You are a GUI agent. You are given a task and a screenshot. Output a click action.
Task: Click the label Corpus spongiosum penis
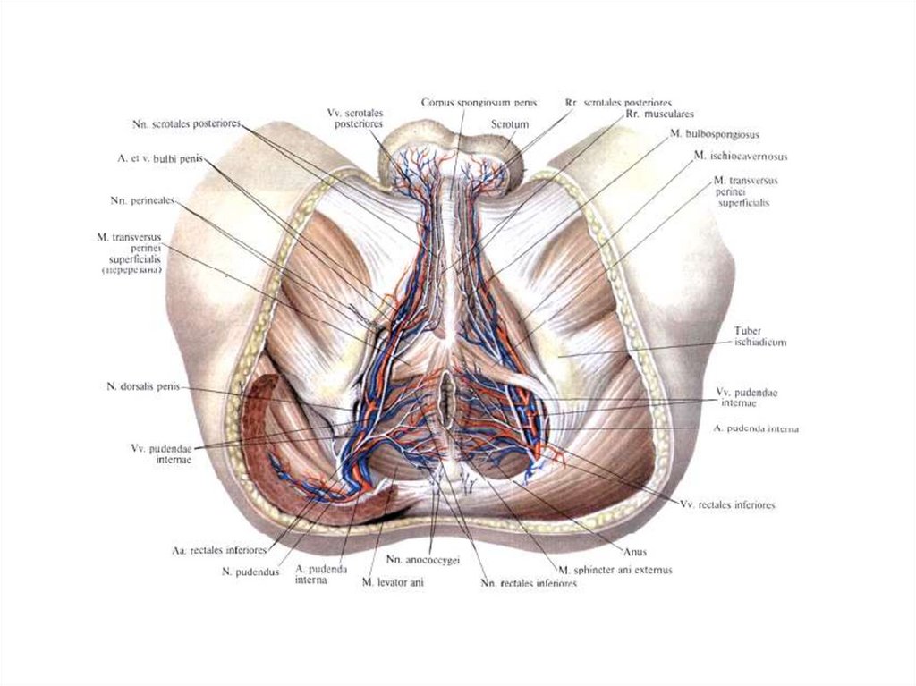pyautogui.click(x=472, y=103)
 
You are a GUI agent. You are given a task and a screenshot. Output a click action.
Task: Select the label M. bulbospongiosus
pyautogui.click(x=715, y=135)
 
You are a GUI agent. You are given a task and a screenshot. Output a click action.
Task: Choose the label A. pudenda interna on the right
pyautogui.click(x=756, y=429)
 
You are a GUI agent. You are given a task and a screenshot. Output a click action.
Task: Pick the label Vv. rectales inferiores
pyautogui.click(x=727, y=505)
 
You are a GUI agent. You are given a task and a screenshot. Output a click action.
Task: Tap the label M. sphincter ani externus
pyautogui.click(x=615, y=569)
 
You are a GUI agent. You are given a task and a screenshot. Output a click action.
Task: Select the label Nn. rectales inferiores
pyautogui.click(x=528, y=584)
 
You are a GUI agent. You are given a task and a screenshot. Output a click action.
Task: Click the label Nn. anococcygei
pyautogui.click(x=423, y=561)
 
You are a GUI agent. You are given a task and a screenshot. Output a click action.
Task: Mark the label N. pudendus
pyautogui.click(x=250, y=570)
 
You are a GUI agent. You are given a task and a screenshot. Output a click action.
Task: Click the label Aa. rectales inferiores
pyautogui.click(x=220, y=549)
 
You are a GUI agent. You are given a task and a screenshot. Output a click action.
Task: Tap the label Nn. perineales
pyautogui.click(x=145, y=199)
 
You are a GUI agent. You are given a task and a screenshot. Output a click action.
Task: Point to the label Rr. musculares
pyautogui.click(x=642, y=115)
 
